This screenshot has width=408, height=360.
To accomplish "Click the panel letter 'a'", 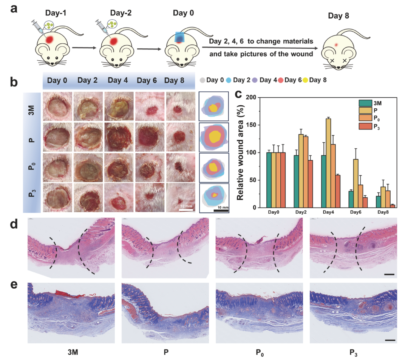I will (x=14, y=8).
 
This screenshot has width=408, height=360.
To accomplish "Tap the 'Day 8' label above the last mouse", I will (x=339, y=17).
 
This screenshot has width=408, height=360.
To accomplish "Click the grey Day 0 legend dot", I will (x=204, y=80).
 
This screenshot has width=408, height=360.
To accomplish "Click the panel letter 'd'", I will (x=14, y=225).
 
